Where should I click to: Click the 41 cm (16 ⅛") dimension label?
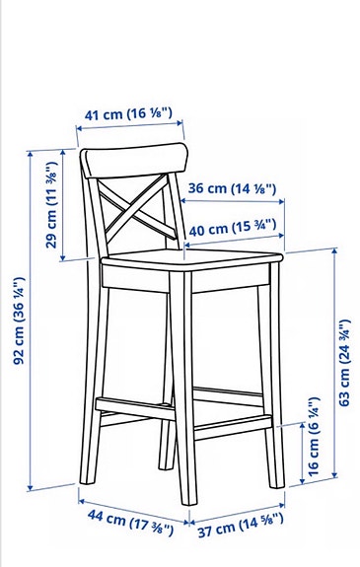(129, 114)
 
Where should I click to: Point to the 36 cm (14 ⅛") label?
(232, 187)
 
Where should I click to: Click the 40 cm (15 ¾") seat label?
(233, 229)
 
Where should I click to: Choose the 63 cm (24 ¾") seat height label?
(344, 362)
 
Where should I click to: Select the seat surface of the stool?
(187, 261)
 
